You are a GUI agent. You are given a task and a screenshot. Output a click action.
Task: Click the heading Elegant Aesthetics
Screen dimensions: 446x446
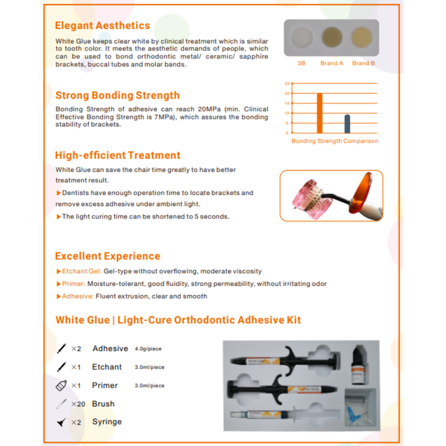coord(102,25)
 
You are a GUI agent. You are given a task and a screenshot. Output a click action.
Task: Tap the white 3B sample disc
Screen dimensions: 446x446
coord(302,37)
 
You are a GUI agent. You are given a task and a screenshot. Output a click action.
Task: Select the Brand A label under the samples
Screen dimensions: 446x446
coord(331,63)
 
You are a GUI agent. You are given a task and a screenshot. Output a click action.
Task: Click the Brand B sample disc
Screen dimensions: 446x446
coord(362,37)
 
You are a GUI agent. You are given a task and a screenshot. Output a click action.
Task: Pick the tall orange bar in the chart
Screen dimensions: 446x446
coord(320,113)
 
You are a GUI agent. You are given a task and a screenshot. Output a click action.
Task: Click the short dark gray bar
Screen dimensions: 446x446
coord(348,124)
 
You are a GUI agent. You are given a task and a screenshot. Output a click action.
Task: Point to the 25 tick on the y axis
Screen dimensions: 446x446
coord(287,84)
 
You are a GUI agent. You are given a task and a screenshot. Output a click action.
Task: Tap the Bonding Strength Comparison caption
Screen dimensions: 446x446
coord(334,141)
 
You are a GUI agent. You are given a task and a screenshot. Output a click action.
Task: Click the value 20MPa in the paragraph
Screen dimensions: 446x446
coord(209,109)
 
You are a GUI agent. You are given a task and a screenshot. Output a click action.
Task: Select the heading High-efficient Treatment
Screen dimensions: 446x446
coord(118,155)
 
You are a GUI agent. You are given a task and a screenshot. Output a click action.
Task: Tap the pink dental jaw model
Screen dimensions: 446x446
coord(310,199)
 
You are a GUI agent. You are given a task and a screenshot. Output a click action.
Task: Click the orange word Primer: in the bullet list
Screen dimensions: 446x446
coord(74,284)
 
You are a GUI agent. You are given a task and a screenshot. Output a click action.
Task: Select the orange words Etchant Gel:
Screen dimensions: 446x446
coord(82,271)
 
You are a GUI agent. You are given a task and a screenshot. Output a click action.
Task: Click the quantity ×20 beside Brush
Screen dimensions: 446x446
coord(78,404)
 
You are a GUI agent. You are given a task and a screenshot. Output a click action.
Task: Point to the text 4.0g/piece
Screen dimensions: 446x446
coord(148,349)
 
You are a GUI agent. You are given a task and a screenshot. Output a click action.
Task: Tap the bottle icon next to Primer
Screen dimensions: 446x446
coord(61,385)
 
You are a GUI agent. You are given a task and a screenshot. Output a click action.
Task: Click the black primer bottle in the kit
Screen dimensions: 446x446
coord(357,367)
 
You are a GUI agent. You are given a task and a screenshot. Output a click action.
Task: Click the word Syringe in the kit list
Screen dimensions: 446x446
coord(107,422)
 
